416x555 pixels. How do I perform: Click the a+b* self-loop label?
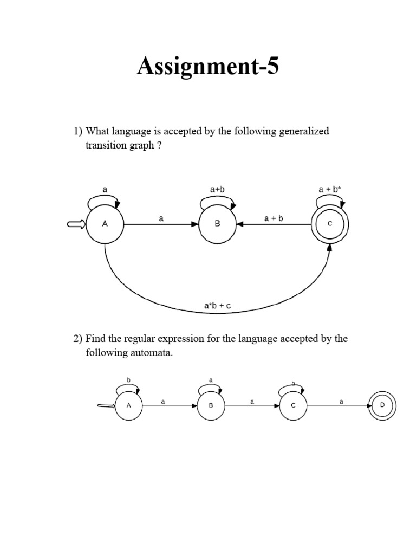[329, 189]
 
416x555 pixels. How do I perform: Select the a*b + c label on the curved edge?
[217, 306]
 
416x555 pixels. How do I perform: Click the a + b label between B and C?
[274, 218]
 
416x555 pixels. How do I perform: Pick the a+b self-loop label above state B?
[217, 189]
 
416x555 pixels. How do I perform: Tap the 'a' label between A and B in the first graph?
[161, 218]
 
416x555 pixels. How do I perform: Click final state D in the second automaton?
[383, 405]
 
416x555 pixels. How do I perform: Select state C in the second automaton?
[293, 405]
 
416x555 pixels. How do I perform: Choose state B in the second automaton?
[211, 405]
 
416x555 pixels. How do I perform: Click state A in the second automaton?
[128, 405]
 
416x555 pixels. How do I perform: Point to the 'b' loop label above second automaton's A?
[129, 380]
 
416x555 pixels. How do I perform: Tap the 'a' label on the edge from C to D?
[341, 402]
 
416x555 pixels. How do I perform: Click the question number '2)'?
[78, 339]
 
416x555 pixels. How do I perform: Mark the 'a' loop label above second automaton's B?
[211, 380]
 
